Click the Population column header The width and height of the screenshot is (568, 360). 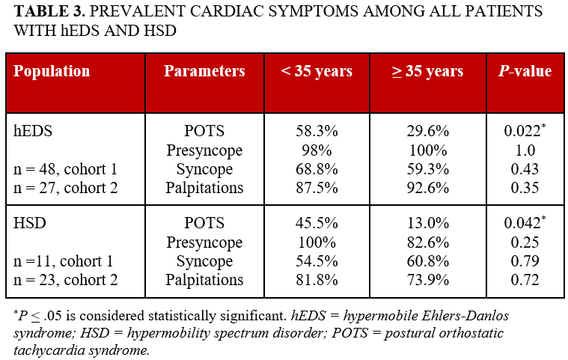coord(52,72)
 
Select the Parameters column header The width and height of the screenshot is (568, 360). coord(204,72)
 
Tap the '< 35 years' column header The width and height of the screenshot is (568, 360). coord(317,72)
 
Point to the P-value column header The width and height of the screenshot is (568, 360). coord(525,72)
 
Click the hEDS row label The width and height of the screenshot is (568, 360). coord(32,131)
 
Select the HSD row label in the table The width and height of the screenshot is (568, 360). coord(30,224)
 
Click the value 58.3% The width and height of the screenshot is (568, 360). coord(317,131)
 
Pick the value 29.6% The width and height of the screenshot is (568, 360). coord(427,131)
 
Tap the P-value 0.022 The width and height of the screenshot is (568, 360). coord(522,131)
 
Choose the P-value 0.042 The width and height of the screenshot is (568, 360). coord(522,224)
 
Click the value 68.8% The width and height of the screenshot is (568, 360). coord(317,169)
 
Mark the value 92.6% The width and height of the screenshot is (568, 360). coord(427,188)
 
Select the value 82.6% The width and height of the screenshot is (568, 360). coord(427,242)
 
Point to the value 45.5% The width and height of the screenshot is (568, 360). coord(317,224)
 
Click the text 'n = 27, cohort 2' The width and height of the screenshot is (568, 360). coord(66,188)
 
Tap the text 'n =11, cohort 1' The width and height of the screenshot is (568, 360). coord(64,262)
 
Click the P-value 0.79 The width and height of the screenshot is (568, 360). coord(525,262)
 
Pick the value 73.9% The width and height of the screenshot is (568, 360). coord(427,281)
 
